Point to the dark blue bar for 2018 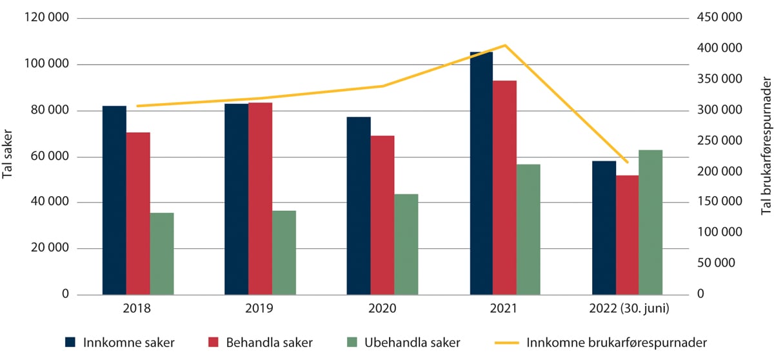click(114, 200)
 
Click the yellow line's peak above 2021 click(505, 45)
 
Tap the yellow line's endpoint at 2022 click(627, 163)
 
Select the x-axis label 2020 click(382, 309)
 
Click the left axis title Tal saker click(8, 157)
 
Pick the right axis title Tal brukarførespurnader click(766, 157)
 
